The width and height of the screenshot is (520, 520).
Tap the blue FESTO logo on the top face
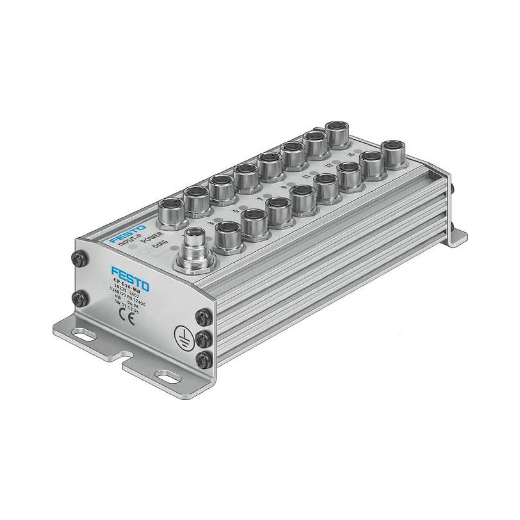[128, 234]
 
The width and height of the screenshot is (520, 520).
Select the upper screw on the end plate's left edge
[79, 258]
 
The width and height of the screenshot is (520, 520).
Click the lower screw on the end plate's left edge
[79, 298]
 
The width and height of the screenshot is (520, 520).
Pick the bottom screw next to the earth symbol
[204, 360]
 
